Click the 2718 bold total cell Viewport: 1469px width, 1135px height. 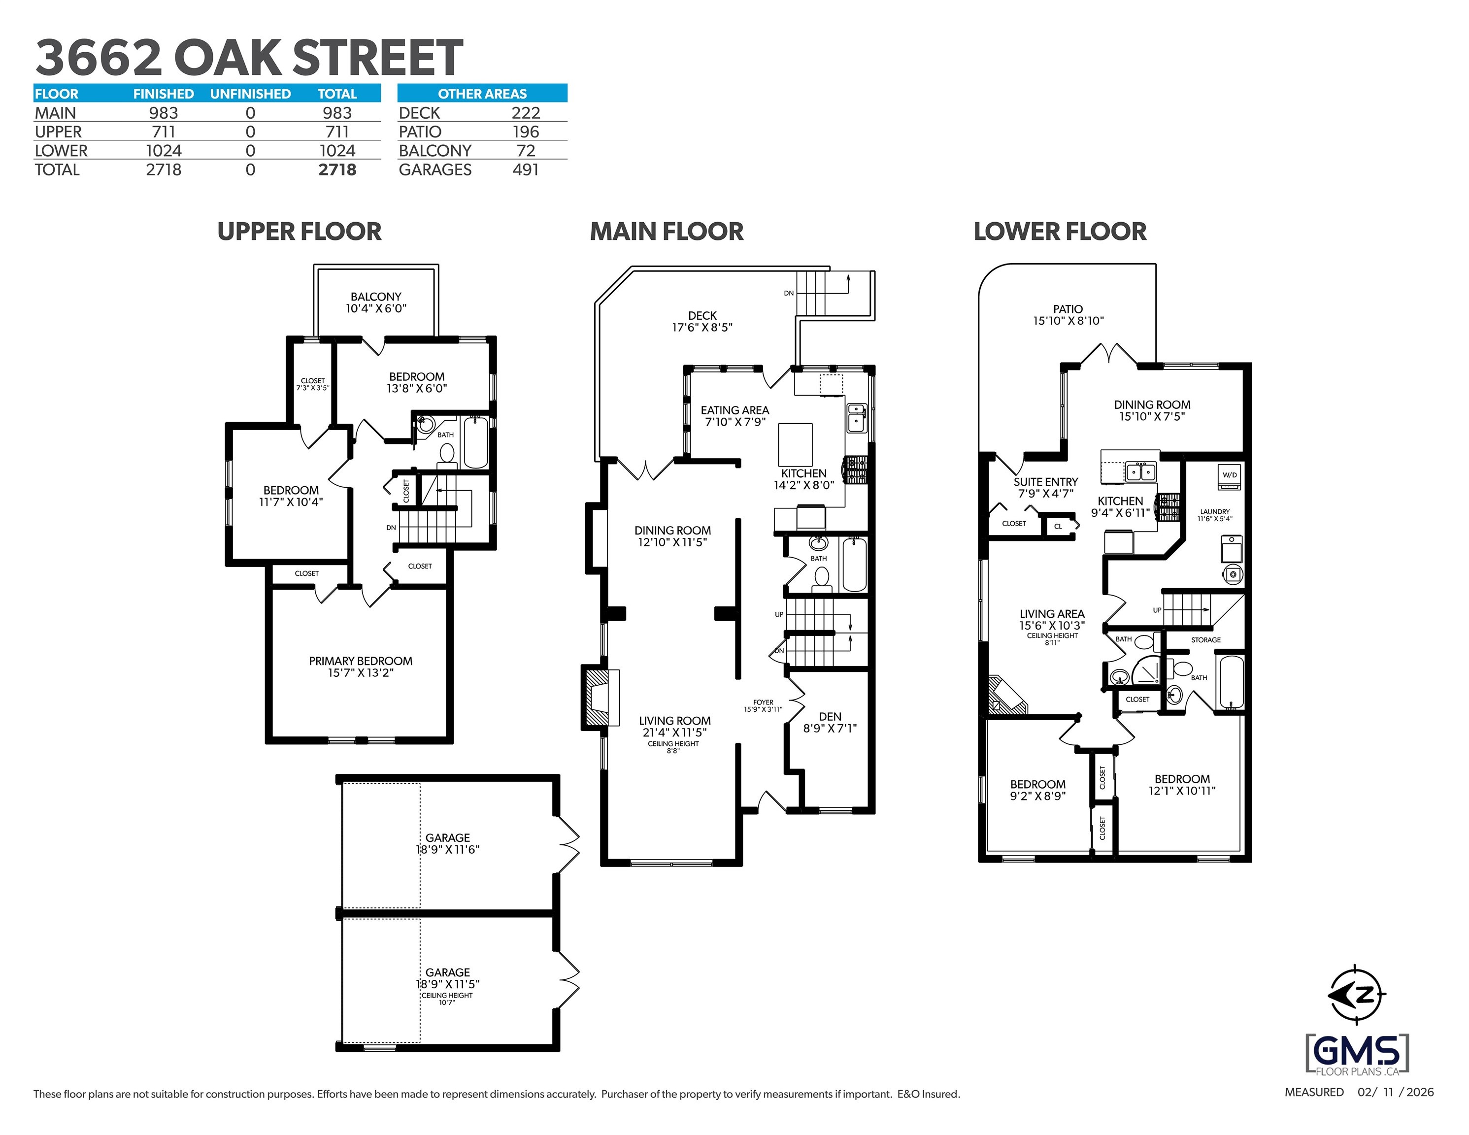coord(337,169)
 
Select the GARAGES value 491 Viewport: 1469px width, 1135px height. coord(525,169)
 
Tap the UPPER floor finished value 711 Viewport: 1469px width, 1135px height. coord(164,132)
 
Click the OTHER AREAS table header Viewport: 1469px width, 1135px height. coord(482,94)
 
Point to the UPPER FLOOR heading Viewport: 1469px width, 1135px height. coord(300,232)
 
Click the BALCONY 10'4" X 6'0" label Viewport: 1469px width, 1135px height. coord(376,302)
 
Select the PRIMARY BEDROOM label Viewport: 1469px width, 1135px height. coord(361,666)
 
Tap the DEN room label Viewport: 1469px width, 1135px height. coord(830,722)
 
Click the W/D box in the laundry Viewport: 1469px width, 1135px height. coord(1230,475)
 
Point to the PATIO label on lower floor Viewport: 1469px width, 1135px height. coord(1068,315)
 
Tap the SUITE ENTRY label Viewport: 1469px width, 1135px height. coord(1045,487)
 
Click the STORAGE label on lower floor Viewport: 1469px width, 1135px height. coord(1205,640)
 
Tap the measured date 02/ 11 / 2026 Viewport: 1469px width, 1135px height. coord(1395,1093)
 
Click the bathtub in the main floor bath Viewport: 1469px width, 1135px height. coord(854,565)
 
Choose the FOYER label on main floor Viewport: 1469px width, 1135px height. coord(763,705)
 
